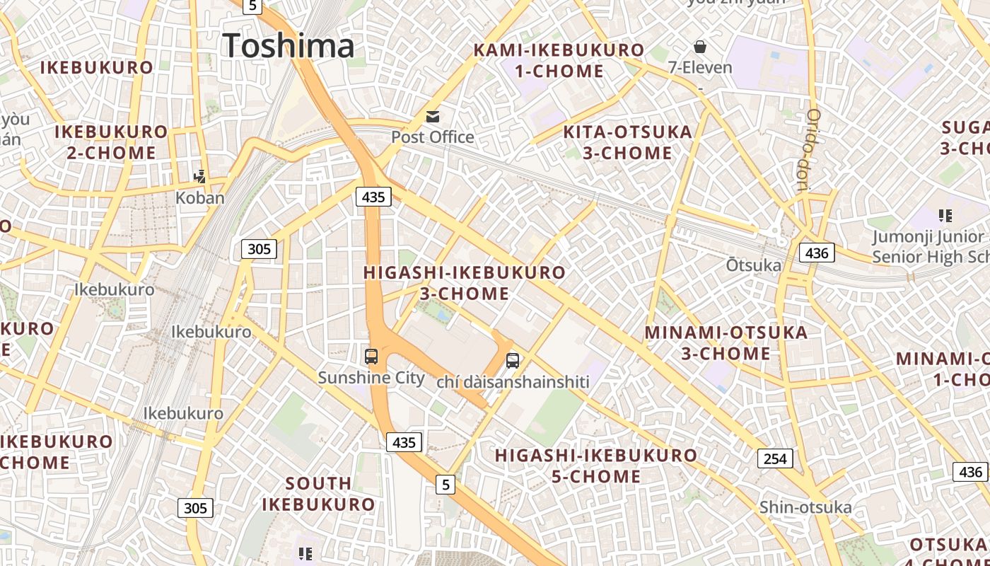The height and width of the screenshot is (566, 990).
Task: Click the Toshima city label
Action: click(288, 46)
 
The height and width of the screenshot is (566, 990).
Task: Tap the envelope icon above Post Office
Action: click(432, 116)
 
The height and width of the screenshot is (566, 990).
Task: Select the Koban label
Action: click(199, 197)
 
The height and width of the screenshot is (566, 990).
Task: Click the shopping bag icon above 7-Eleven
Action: click(700, 47)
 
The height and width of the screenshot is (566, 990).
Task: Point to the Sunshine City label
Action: click(371, 377)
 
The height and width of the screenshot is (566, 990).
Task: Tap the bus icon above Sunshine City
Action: click(371, 356)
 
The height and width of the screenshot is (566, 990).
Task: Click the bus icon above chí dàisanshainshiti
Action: click(513, 360)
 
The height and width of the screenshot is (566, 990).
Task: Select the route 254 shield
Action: click(775, 458)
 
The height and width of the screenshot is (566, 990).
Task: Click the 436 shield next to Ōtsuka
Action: click(817, 253)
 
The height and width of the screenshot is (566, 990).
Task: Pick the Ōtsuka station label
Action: click(754, 265)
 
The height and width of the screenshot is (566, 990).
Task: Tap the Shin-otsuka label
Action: click(805, 507)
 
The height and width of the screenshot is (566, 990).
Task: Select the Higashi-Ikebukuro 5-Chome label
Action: click(596, 466)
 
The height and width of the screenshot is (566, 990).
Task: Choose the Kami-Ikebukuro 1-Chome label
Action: click(559, 60)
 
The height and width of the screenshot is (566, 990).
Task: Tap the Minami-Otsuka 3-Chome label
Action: click(726, 342)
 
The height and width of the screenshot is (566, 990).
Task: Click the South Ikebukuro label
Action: click(318, 494)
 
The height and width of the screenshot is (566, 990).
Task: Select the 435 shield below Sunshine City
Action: click(404, 443)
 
